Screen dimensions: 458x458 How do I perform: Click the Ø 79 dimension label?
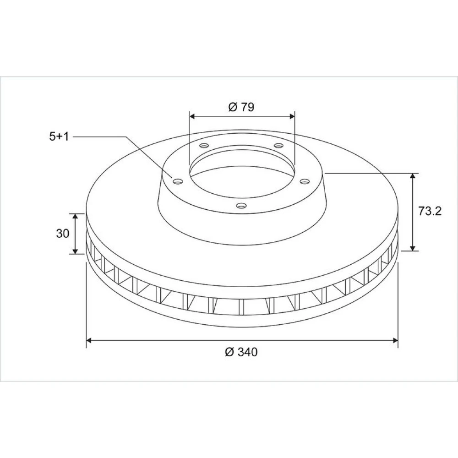pyautogui.click(x=241, y=107)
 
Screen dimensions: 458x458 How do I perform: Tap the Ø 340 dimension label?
pyautogui.click(x=241, y=352)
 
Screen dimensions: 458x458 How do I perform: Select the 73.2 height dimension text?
pyautogui.click(x=430, y=211)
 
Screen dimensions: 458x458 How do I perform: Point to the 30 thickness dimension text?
pyautogui.click(x=62, y=234)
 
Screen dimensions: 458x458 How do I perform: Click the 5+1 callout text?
pyautogui.click(x=59, y=136)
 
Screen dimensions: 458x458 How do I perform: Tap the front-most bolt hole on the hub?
pyautogui.click(x=241, y=206)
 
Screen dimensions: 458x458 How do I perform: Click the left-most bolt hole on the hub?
pyautogui.click(x=178, y=182)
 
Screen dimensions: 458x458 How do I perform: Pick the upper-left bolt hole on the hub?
pyautogui.click(x=204, y=145)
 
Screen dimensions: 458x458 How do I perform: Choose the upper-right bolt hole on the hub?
pyautogui.click(x=278, y=145)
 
